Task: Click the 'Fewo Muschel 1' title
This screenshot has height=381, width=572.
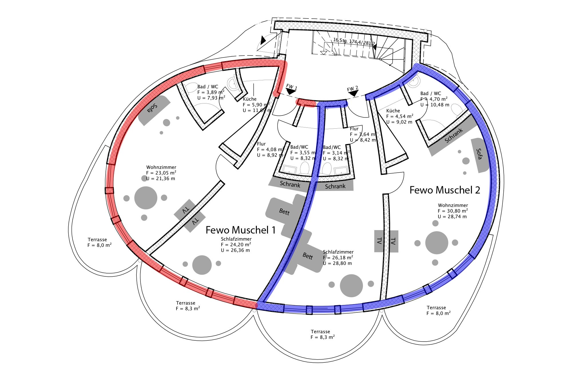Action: point(241,230)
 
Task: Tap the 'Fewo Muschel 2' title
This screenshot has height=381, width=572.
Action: point(445,190)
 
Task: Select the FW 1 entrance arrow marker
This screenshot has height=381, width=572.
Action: point(291,91)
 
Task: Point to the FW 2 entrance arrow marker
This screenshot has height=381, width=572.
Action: point(353,93)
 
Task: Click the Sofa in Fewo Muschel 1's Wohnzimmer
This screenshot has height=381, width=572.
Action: point(154,110)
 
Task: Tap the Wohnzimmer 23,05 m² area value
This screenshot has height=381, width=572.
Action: point(161,173)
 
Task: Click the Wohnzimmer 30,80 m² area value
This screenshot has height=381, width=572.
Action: point(453,211)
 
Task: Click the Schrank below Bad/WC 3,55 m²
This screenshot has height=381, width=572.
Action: point(290,184)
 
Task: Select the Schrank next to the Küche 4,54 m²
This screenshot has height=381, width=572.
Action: point(453,136)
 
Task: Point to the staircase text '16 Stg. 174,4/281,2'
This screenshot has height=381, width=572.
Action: point(354,42)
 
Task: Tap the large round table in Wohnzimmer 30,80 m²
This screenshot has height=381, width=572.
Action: point(436,243)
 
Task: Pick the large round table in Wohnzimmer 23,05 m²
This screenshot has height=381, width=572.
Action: point(146,198)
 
